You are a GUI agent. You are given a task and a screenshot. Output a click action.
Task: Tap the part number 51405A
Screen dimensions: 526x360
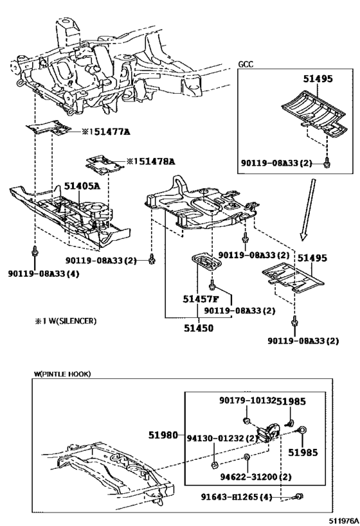(x=82, y=186)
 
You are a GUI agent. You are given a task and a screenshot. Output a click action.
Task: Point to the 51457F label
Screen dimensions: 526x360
(x=200, y=299)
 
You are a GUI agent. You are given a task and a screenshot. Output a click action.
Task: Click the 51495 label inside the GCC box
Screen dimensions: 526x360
(x=318, y=80)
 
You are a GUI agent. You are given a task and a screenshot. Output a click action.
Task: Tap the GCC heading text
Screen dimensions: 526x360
(x=246, y=64)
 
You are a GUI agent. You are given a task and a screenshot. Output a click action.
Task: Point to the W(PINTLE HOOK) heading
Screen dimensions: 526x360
(x=62, y=373)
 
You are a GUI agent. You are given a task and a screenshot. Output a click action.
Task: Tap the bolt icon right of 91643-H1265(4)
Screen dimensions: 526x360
(x=300, y=496)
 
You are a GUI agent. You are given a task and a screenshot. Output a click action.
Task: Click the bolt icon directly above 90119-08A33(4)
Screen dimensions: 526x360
(x=33, y=252)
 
